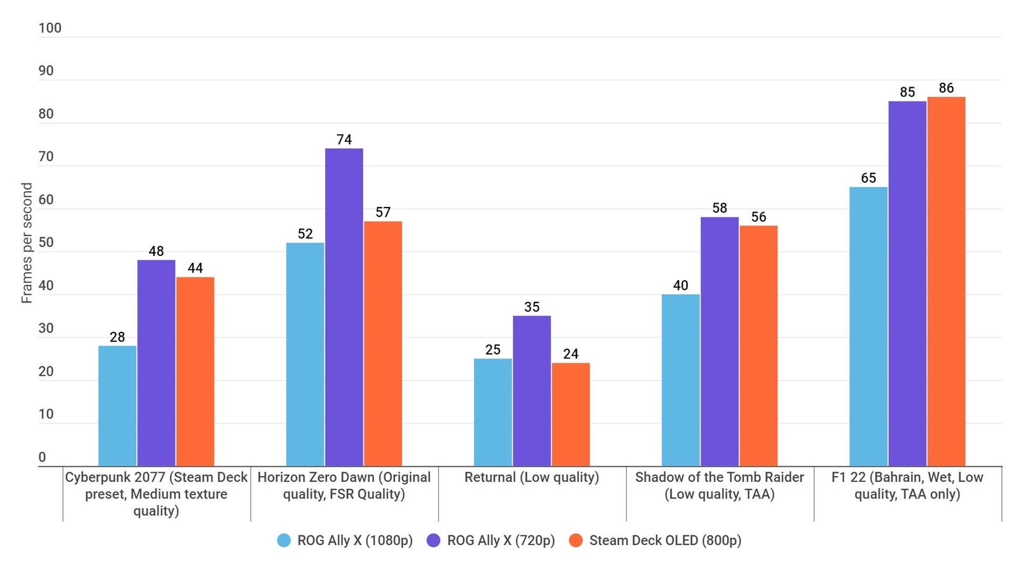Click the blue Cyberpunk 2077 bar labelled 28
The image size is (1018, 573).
117,406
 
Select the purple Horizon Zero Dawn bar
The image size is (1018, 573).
344,307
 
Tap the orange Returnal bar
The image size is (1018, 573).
571,414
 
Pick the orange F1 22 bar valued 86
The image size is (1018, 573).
946,281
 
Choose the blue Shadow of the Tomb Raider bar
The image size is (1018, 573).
681,380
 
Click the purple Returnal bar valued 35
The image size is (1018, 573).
532,391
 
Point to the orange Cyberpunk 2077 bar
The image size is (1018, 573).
195,371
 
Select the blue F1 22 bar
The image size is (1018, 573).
868,326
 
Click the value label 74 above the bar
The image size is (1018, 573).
344,139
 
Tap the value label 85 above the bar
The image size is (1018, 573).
907,92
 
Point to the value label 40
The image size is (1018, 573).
681,285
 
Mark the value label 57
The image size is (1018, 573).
383,212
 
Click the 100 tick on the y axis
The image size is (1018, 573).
50,28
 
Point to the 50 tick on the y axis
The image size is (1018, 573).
46,243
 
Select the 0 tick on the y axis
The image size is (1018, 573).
42,457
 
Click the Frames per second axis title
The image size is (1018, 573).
27,243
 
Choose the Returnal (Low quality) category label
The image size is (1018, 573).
532,478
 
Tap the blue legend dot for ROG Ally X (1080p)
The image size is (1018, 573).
284,541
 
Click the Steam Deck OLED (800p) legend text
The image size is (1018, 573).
665,541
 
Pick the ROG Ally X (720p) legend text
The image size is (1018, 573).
501,541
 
